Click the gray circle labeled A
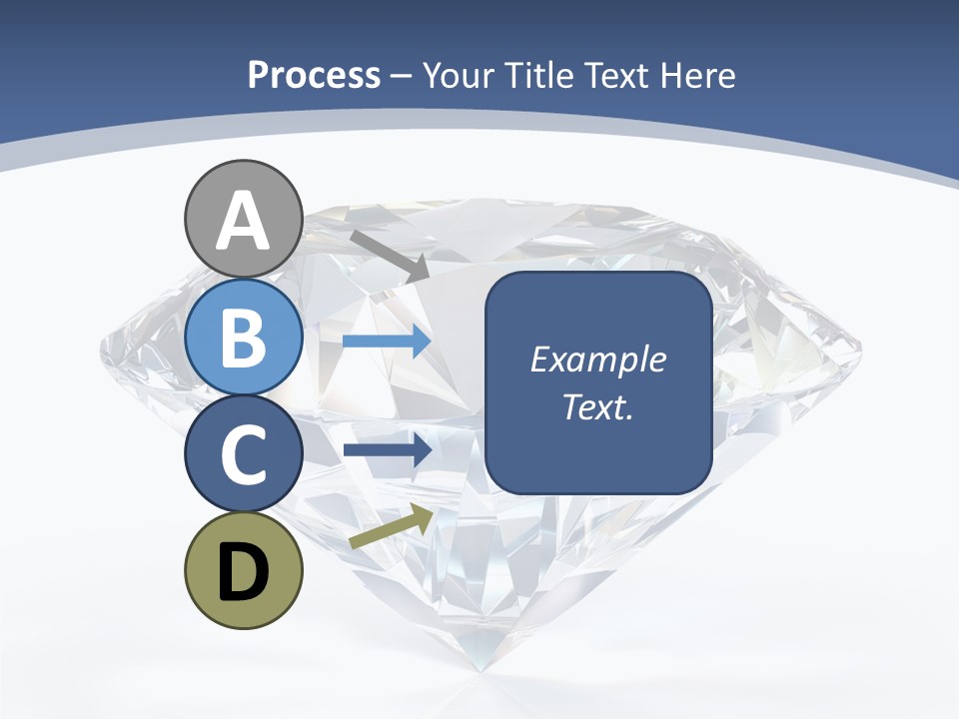tap(243, 219)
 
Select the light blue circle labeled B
tap(243, 337)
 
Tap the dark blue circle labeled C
tap(243, 453)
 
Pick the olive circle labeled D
tap(243, 570)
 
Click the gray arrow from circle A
tap(389, 254)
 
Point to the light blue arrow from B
tap(387, 342)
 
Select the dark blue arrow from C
tap(387, 450)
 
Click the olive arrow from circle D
tap(391, 526)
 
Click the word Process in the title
tap(314, 75)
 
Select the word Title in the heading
tap(543, 75)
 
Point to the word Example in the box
tap(597, 359)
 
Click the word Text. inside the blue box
tap(597, 406)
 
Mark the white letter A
tap(243, 221)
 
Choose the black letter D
tap(243, 572)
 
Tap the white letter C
tap(243, 455)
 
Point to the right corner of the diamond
tap(859, 349)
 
